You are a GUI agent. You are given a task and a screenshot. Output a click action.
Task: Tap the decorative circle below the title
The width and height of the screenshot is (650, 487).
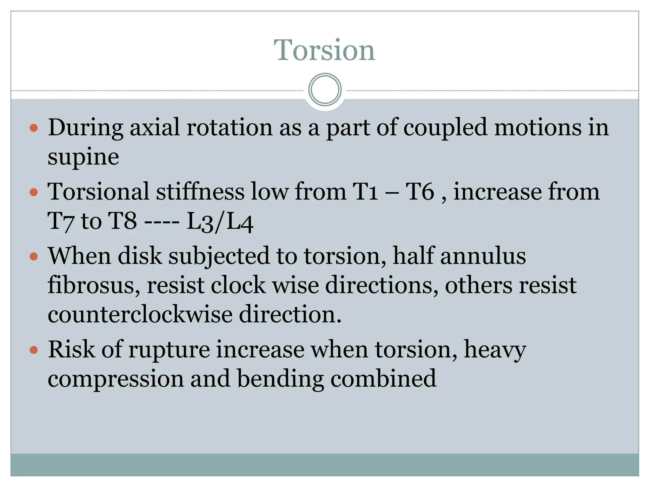pyautogui.click(x=325, y=89)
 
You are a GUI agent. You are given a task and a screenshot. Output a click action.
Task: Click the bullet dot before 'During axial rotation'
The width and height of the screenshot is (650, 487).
pyautogui.click(x=34, y=128)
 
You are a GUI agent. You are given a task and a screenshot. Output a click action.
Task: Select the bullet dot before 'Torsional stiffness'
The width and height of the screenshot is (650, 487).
pyautogui.click(x=34, y=192)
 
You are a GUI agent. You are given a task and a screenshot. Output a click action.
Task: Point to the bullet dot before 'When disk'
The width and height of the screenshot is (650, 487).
pyautogui.click(x=34, y=256)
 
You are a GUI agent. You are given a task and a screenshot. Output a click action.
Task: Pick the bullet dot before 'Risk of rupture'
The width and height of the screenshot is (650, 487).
pyautogui.click(x=34, y=350)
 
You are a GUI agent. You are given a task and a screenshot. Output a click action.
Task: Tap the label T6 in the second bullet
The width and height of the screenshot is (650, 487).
pyautogui.click(x=420, y=192)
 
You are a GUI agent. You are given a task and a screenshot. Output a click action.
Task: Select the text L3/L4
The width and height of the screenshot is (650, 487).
pyautogui.click(x=220, y=221)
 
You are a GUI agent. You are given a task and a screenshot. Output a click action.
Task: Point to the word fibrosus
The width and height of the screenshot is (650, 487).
pyautogui.click(x=94, y=285)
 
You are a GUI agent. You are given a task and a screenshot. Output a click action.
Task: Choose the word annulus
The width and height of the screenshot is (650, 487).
pyautogui.click(x=483, y=256)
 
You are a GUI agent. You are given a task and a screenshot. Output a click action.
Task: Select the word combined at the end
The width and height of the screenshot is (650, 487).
pyautogui.click(x=383, y=378)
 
